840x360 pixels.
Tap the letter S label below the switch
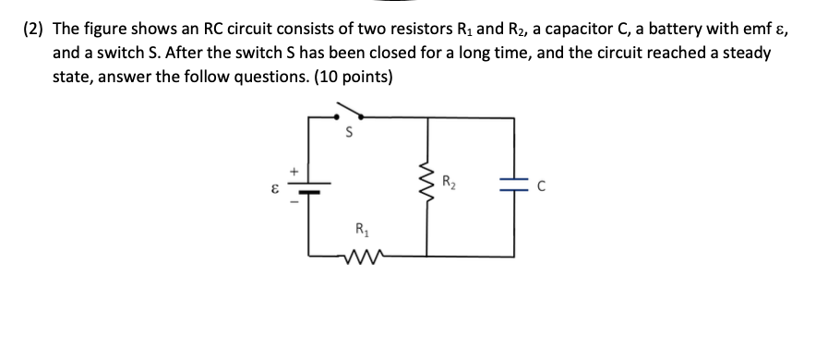(347, 134)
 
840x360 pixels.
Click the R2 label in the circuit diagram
(449, 181)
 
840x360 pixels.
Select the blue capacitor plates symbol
(515, 184)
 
